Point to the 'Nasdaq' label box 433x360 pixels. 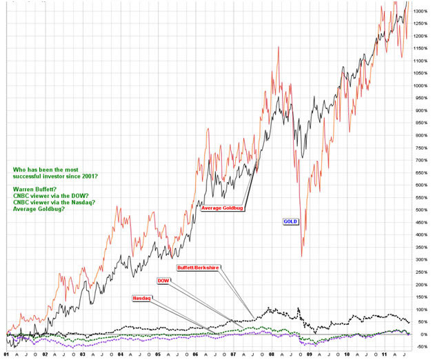click(141, 298)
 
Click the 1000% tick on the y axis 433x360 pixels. click(420, 86)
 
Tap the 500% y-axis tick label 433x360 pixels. click(420, 210)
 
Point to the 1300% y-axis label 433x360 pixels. click(420, 12)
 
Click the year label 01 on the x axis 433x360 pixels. click(6, 354)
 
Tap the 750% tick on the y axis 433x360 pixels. click(420, 148)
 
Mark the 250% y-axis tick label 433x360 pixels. click(420, 272)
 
